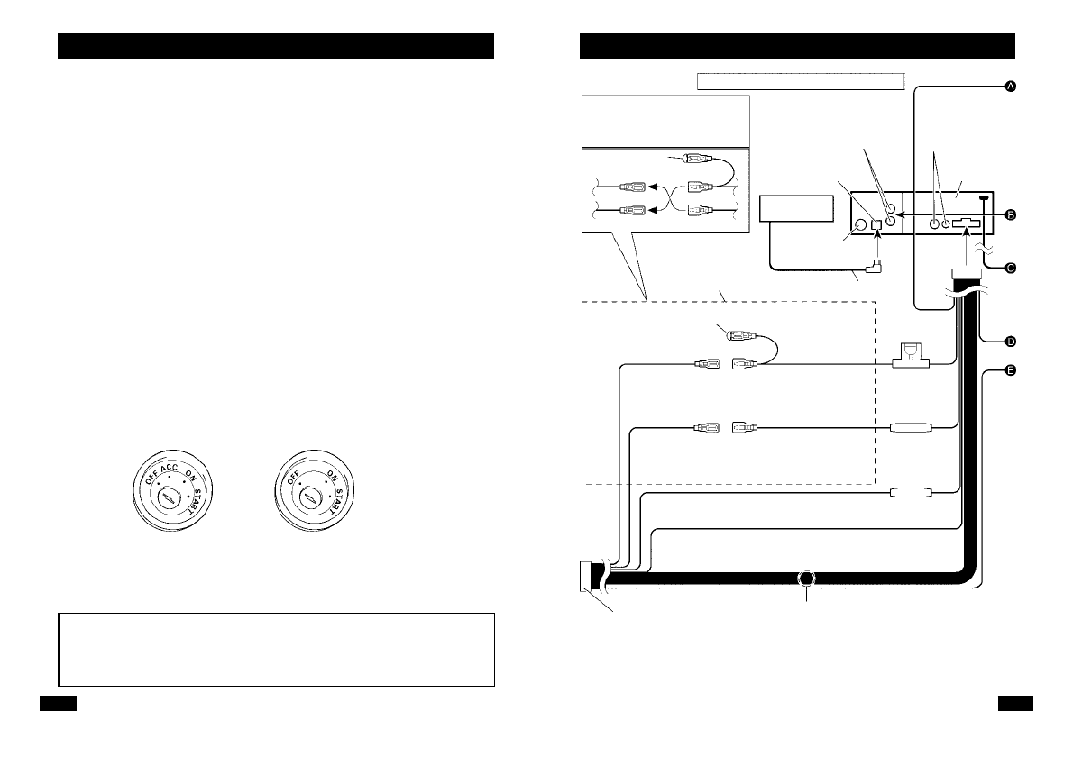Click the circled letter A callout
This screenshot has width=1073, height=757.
[x=1011, y=86]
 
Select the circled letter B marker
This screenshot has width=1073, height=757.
[x=1011, y=214]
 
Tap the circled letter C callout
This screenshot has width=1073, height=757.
[x=1011, y=268]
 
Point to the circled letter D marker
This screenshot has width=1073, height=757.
[x=1011, y=341]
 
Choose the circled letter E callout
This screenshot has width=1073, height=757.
[x=1011, y=371]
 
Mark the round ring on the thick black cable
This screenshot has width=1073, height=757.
[x=806, y=579]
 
